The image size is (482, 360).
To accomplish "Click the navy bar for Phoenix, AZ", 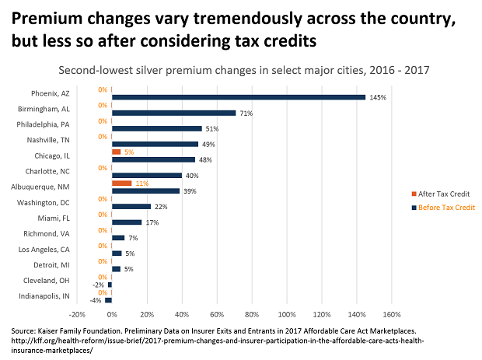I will point(239,97).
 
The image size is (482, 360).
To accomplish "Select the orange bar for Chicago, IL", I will point(117,152).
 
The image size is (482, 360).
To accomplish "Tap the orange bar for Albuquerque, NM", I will point(122,183).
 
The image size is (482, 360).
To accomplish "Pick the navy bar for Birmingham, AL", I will point(174,113).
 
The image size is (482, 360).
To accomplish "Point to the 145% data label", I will point(378,97).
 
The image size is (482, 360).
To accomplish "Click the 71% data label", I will point(246,113).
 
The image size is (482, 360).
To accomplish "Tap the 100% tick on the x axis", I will point(286,315).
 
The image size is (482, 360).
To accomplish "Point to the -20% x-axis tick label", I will point(77,315).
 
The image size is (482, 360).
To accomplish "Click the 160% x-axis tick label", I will point(391,315).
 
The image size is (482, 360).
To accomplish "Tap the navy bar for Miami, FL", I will point(127,222).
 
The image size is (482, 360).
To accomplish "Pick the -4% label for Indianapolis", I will point(96,300).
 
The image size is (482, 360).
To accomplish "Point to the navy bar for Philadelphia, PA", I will point(157,128).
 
